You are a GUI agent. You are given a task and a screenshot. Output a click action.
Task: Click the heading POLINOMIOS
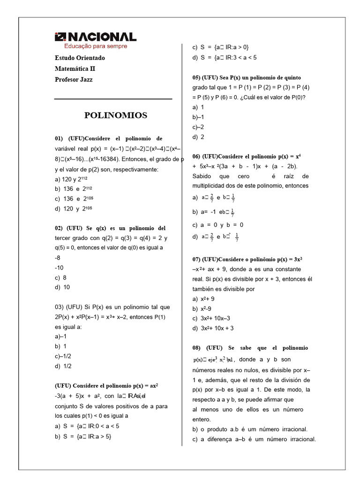(x=115, y=115)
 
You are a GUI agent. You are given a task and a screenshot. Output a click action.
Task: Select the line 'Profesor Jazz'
(x=74, y=80)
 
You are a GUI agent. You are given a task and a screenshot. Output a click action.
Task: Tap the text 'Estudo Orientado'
(x=80, y=58)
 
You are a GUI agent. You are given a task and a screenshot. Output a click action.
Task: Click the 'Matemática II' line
(x=75, y=69)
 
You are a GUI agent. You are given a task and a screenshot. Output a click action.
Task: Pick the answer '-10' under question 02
(x=59, y=268)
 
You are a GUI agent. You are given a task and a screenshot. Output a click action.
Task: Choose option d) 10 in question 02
(x=62, y=287)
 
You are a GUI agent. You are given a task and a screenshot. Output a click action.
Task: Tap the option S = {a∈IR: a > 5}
(x=83, y=436)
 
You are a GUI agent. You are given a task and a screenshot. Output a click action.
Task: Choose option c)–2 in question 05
(x=198, y=127)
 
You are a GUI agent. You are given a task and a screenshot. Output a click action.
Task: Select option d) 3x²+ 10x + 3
(x=213, y=328)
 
